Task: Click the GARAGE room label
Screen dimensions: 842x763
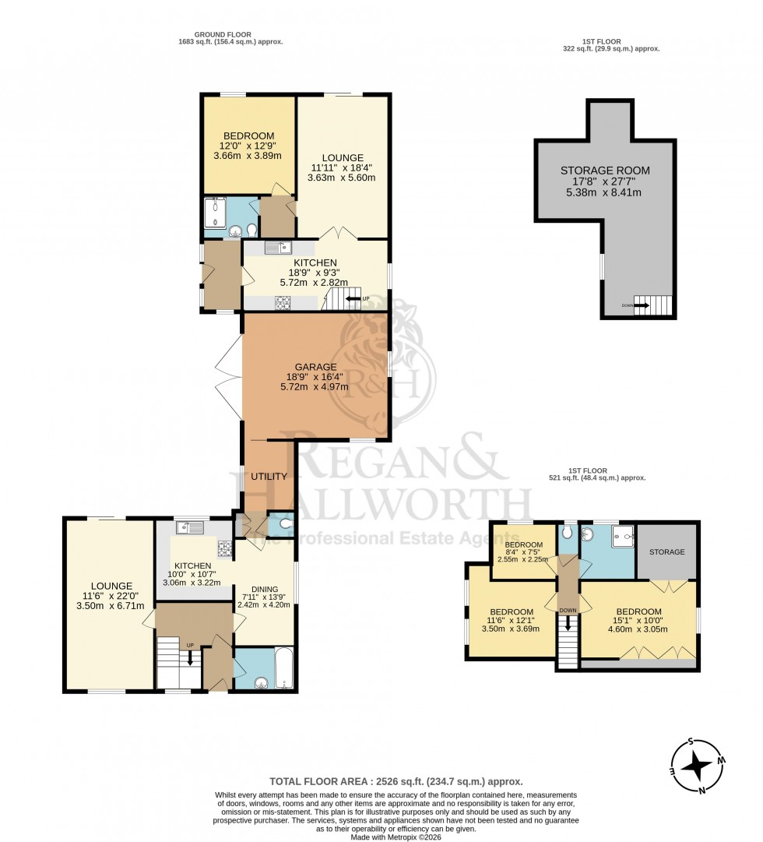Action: [x=315, y=366]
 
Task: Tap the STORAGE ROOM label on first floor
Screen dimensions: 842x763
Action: [x=605, y=171]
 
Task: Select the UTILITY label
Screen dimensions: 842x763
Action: [x=269, y=476]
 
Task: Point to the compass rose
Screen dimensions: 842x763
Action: [x=694, y=764]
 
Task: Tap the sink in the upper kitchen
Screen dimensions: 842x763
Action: [x=278, y=248]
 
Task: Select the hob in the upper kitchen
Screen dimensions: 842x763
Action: [x=282, y=302]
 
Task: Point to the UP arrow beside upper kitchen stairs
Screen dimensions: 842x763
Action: [x=353, y=298]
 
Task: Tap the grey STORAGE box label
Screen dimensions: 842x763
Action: [x=667, y=551]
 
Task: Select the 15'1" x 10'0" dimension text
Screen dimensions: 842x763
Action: [x=638, y=620]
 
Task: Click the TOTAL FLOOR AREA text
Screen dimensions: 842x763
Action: [x=396, y=780]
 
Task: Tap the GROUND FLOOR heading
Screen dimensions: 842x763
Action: [x=230, y=34]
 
